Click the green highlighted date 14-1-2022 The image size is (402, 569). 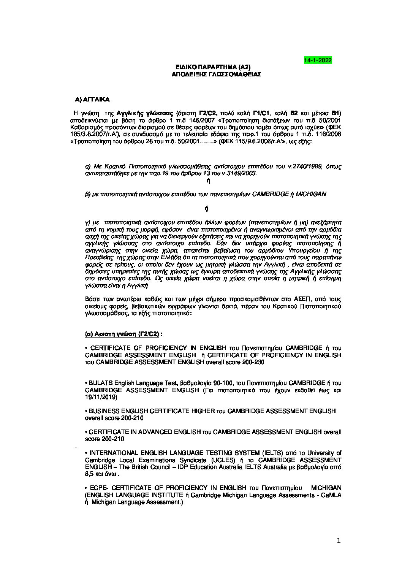tap(318, 60)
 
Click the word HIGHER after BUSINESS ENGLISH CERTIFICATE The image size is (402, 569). tap(205, 411)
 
